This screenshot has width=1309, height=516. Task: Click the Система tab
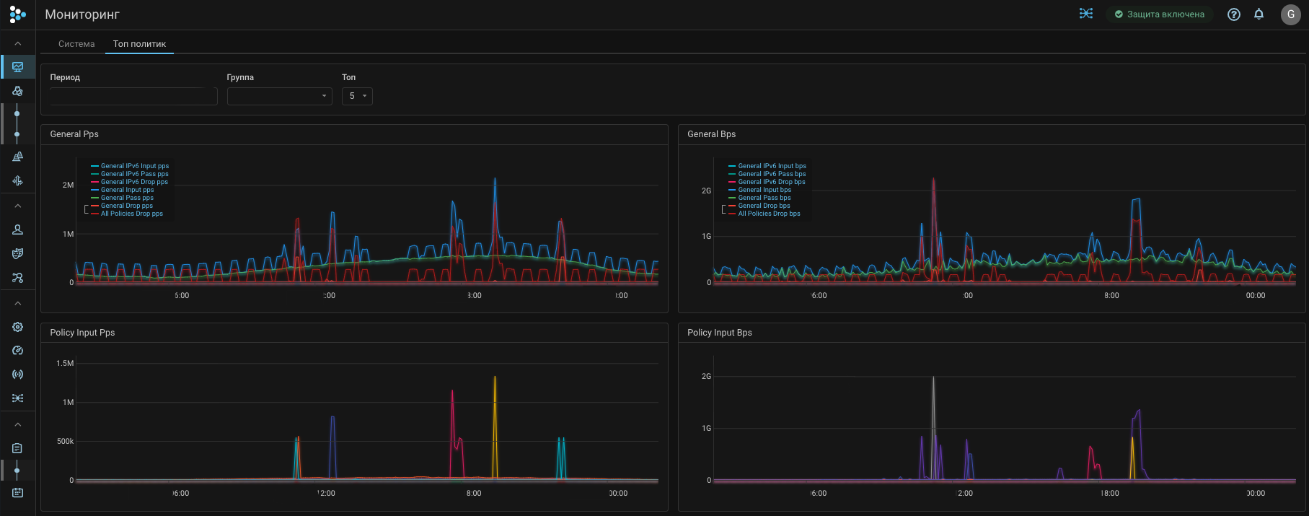[x=76, y=44]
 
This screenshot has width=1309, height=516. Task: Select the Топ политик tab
[x=139, y=44]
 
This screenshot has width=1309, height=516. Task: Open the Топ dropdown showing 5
[x=357, y=96]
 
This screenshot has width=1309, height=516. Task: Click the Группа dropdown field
[x=279, y=96]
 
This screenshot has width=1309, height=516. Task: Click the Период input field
[x=133, y=96]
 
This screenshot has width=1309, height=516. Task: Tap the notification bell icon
[x=1259, y=14]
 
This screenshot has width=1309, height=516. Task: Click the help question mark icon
[x=1234, y=14]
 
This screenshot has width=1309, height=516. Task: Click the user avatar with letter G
[x=1290, y=14]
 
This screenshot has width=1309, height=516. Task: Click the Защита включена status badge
[x=1159, y=14]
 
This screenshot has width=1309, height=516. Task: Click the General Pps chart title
[x=74, y=134]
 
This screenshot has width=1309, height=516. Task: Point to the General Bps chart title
[x=711, y=134]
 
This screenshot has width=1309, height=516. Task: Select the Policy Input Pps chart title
[x=82, y=333]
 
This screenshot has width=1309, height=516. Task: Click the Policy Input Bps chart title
[x=719, y=333]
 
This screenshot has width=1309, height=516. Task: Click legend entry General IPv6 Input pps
[x=134, y=166]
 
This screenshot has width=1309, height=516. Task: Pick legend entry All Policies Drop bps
[x=769, y=214]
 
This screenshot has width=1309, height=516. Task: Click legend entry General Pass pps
[x=127, y=198]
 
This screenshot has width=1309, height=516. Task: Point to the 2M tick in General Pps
[x=68, y=185]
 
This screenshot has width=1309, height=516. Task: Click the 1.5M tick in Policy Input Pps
[x=65, y=364]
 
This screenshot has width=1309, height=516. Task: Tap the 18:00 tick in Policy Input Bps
[x=1110, y=494]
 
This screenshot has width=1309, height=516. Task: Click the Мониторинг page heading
[x=82, y=14]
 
